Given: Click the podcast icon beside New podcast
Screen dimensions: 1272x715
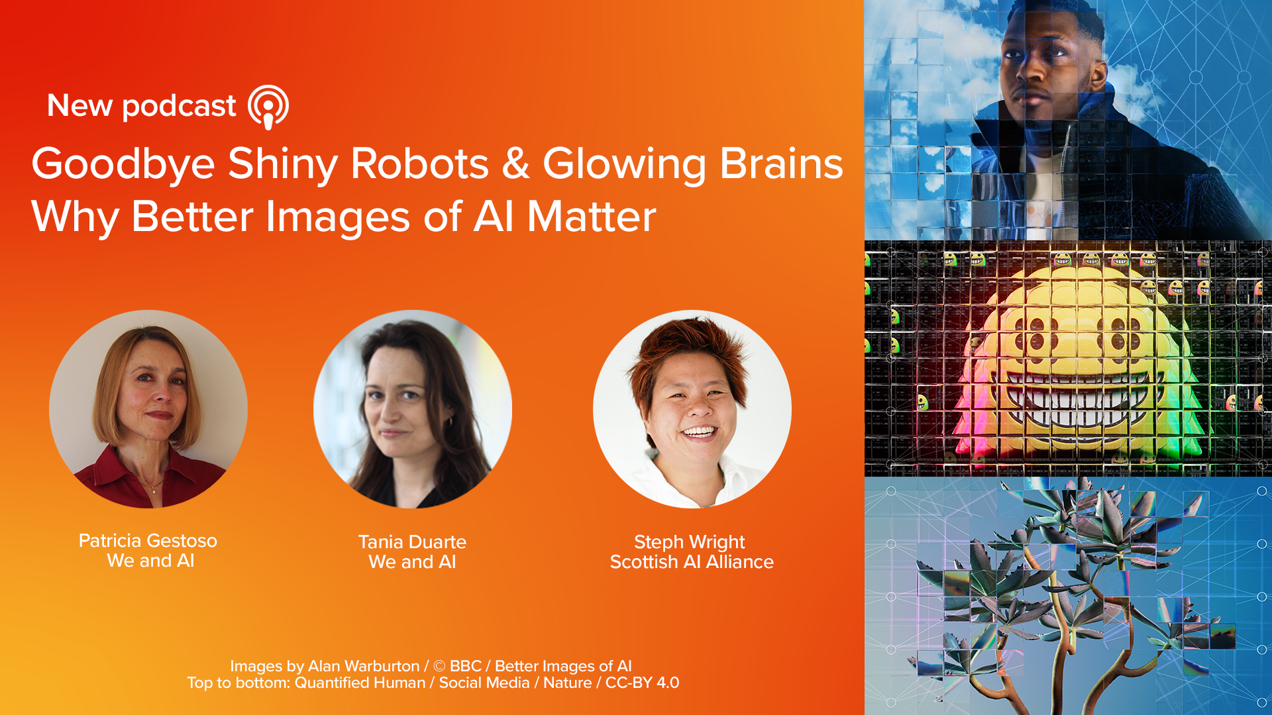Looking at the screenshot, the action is click(x=268, y=107).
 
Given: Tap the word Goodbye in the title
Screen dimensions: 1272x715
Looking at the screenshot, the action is click(x=123, y=165).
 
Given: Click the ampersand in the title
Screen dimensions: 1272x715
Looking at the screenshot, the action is click(x=515, y=164).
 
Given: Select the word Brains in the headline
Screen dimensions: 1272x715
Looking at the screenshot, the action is click(x=781, y=164).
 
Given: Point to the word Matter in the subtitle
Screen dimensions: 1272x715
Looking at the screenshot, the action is click(x=591, y=217).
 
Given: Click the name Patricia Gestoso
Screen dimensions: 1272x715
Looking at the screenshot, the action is click(x=148, y=541).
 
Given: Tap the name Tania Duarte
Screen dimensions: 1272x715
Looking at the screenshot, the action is click(x=412, y=542).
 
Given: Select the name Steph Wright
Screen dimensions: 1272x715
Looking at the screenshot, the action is click(x=690, y=543).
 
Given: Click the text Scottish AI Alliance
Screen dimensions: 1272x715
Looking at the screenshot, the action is click(x=692, y=562).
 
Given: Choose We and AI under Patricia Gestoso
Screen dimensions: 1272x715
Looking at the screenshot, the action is click(x=150, y=561).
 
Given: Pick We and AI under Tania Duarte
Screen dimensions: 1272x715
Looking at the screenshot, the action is click(x=412, y=562).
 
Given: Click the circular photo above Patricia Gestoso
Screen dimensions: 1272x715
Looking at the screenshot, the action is click(x=148, y=409).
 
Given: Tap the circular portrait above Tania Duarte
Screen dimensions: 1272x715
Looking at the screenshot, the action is click(x=413, y=409).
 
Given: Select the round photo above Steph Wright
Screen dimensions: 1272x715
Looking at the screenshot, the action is click(x=692, y=409).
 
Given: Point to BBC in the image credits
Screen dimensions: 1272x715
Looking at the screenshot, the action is click(x=466, y=666).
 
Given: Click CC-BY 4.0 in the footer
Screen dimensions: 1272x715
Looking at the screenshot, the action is click(x=643, y=683).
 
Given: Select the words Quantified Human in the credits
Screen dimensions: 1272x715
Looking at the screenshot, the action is click(x=360, y=683).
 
